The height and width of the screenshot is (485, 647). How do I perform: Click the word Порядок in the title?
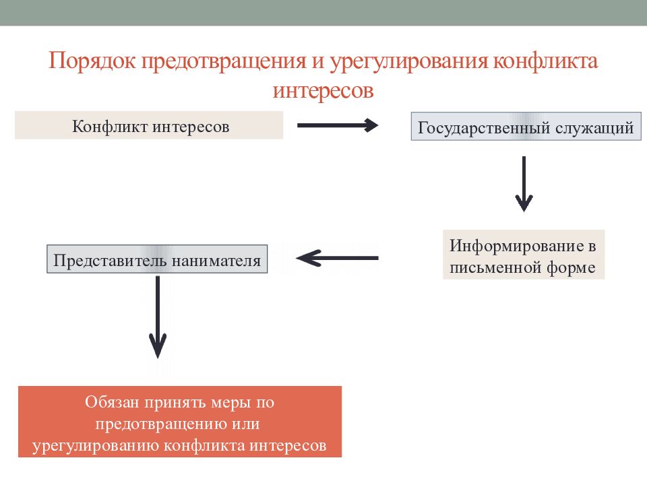92,61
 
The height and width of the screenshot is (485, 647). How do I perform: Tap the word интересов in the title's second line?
323,91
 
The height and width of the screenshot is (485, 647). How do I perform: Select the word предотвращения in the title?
224,62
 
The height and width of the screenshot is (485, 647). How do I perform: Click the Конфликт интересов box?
149,125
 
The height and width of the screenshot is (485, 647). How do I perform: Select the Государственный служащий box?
526,126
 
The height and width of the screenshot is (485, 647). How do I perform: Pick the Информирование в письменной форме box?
524,255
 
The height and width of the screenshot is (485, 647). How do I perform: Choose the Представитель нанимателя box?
157,259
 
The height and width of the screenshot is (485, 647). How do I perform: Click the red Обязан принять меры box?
180,422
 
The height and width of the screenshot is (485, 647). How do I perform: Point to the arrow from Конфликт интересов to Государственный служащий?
338,125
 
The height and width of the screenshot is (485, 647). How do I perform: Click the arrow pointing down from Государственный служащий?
524,184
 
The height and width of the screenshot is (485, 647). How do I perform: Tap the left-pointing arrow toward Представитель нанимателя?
337,258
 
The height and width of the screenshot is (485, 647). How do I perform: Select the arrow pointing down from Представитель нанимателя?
158,317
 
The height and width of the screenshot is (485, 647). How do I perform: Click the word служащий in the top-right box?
594,128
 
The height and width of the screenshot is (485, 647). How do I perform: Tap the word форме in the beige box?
571,268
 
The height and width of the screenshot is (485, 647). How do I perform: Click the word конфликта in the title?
545,61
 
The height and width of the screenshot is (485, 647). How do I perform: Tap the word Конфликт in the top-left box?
109,127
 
